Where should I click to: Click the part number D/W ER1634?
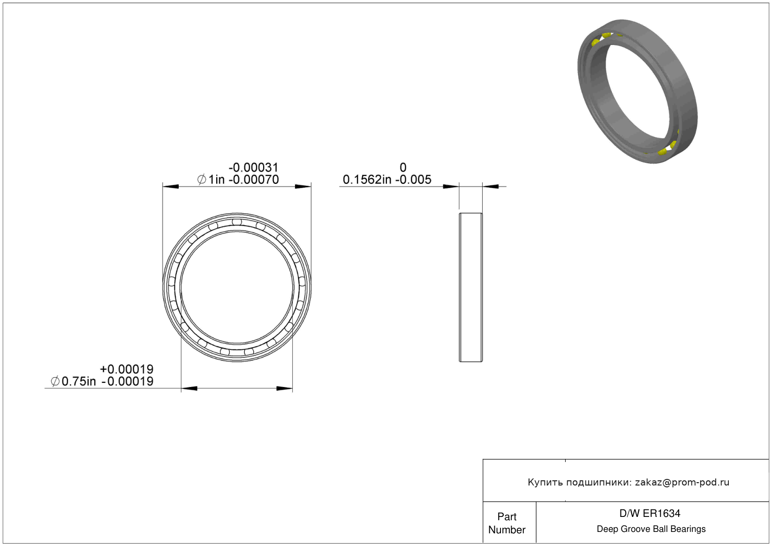(650, 513)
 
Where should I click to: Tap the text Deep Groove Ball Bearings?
(651, 529)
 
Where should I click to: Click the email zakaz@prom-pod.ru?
(682, 482)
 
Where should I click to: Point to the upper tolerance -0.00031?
(253, 167)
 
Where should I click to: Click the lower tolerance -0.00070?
(254, 180)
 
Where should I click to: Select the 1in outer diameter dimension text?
(216, 180)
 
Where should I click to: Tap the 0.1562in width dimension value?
(367, 180)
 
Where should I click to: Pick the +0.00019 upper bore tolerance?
(127, 369)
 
